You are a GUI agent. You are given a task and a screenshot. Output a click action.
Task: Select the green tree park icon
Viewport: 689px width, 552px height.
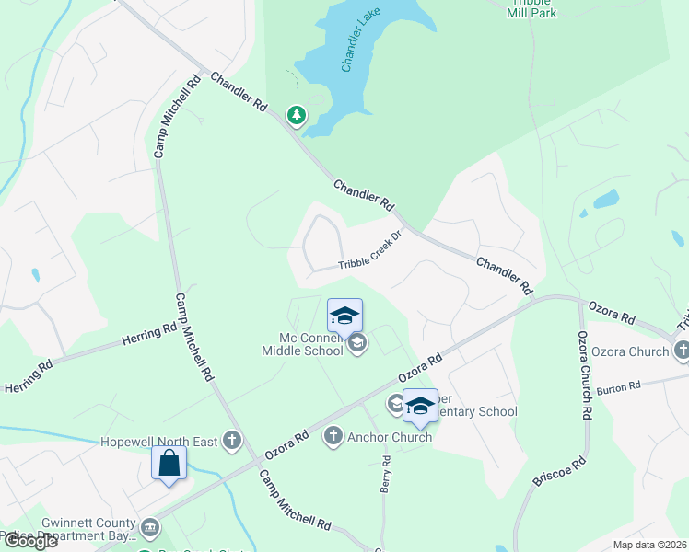click(x=297, y=115)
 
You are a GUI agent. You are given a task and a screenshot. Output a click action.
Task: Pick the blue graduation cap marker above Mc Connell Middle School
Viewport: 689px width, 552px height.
click(x=344, y=316)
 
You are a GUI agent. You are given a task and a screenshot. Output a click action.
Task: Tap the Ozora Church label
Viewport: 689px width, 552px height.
click(x=630, y=351)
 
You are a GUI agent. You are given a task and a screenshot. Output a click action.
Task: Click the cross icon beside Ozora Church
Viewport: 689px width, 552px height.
click(x=682, y=351)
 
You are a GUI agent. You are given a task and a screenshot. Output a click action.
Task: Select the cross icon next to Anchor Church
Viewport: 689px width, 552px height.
click(x=333, y=437)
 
